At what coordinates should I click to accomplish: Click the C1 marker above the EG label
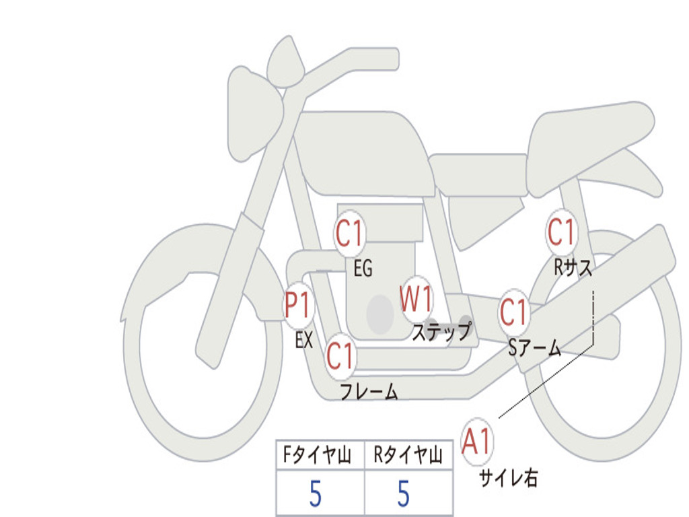click(350, 233)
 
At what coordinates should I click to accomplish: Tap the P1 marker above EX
click(298, 305)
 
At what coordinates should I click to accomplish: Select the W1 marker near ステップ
click(416, 299)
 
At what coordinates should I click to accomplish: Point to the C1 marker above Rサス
click(561, 232)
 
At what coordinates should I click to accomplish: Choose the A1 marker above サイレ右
click(476, 442)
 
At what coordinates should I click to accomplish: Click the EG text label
click(363, 268)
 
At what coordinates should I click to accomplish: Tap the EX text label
click(303, 340)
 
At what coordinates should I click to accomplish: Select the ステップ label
click(441, 332)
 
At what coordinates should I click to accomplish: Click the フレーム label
click(369, 392)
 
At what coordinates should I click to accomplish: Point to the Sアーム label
click(534, 348)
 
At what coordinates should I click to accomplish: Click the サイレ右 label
click(509, 479)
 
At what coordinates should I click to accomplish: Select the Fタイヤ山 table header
click(317, 455)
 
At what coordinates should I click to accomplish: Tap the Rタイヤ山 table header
click(408, 455)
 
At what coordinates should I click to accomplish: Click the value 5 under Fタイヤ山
click(316, 494)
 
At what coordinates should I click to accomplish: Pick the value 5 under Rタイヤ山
click(404, 494)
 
